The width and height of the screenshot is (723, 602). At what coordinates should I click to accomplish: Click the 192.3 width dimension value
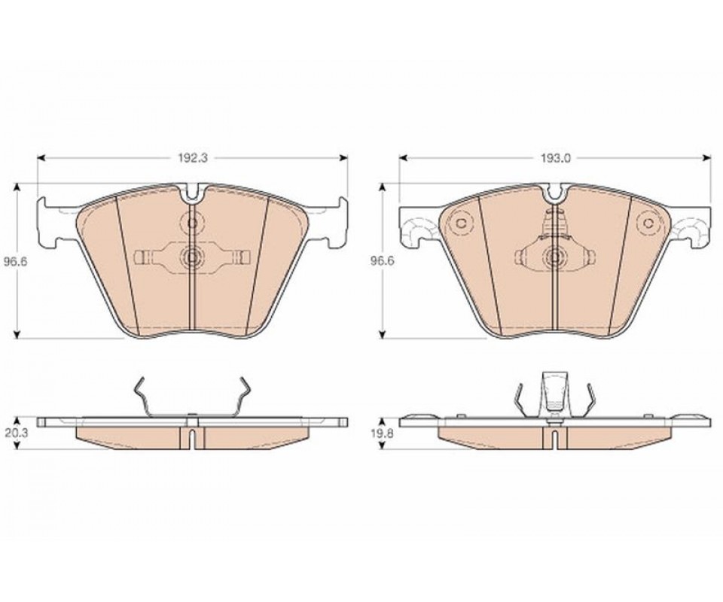click(x=194, y=158)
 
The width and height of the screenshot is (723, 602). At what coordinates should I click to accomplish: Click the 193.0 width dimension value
click(x=556, y=158)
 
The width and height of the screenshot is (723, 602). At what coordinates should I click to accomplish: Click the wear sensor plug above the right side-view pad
click(x=554, y=391)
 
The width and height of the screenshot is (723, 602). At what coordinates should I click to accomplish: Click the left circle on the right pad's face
click(x=461, y=223)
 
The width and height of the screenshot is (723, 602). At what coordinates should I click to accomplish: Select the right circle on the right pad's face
click(x=648, y=223)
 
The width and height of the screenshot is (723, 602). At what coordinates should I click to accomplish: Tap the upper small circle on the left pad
click(x=191, y=223)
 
